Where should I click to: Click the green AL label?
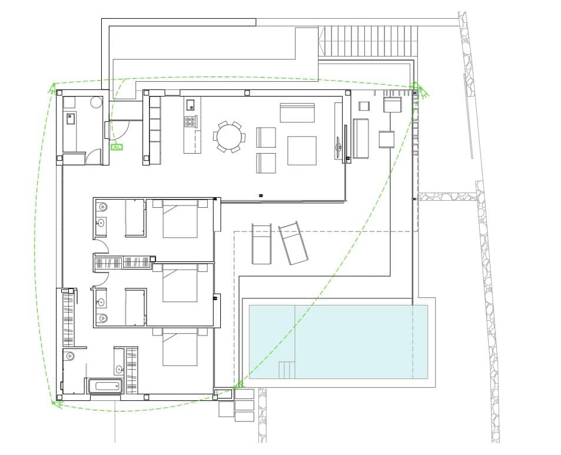tap(117, 147)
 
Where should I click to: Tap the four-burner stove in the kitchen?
tap(191, 122)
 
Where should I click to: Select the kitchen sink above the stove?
tap(191, 105)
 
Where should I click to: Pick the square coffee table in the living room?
tap(301, 151)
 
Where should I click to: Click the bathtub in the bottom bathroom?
tap(107, 387)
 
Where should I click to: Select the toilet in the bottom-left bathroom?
tap(70, 356)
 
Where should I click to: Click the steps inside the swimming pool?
tap(286, 370)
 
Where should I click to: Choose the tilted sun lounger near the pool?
tap(293, 243)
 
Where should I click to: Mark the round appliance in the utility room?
tap(97, 102)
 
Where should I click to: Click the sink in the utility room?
tap(71, 118)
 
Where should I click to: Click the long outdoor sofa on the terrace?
tap(360, 138)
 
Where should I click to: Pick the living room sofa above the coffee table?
tap(297, 112)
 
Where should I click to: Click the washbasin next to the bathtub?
tap(119, 370)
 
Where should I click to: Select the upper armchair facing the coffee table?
tap(266, 137)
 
